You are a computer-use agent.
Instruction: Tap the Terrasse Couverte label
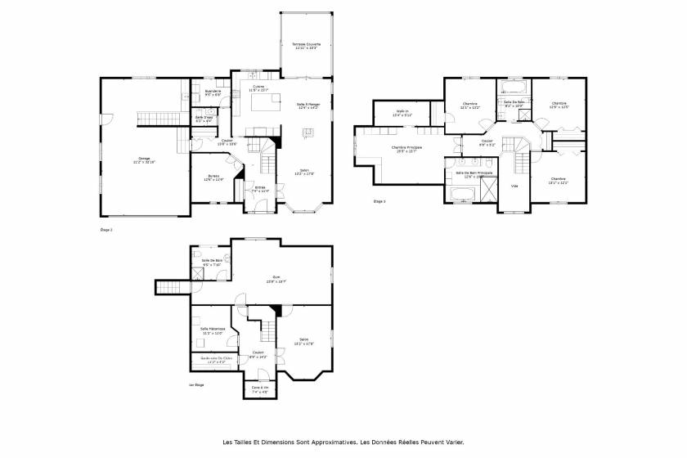pos(307,46)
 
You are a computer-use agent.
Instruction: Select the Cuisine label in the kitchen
pos(258,88)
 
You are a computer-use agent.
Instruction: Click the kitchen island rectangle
pos(263,104)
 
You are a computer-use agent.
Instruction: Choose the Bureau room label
pos(213,177)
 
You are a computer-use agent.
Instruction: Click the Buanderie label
pos(212,92)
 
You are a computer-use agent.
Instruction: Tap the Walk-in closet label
pos(402,113)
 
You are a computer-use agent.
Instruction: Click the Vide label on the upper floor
pos(514,186)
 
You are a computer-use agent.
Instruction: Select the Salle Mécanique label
pos(212,330)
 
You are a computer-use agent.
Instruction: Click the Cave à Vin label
pos(259,388)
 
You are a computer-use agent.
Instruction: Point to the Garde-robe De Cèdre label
pos(211,359)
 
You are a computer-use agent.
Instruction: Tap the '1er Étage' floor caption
pos(196,384)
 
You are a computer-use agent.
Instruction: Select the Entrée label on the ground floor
pos(260,189)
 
